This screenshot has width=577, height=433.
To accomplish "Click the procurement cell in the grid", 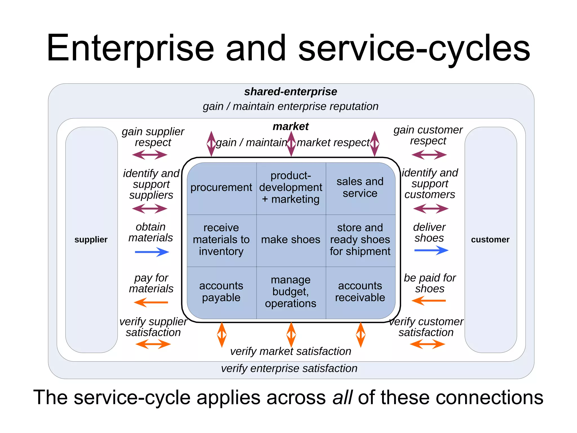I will [x=221, y=188].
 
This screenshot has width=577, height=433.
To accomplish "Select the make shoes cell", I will [x=290, y=240].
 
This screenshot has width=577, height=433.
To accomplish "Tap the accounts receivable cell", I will [x=360, y=292].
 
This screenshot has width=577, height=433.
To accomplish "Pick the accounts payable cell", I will [x=221, y=292].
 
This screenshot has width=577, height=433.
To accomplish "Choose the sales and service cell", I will [x=360, y=188].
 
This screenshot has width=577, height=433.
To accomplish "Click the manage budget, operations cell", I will [x=290, y=292].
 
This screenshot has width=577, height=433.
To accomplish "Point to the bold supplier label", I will [x=91, y=240].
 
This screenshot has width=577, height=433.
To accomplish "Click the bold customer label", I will [x=490, y=240].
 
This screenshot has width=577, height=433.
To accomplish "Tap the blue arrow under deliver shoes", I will [x=431, y=250].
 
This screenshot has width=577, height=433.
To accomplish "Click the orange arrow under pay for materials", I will [x=151, y=302].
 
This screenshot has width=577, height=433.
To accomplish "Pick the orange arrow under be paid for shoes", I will [x=429, y=301].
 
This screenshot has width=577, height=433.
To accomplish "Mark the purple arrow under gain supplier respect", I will [x=150, y=154].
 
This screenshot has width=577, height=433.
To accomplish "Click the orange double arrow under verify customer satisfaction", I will [x=427, y=344].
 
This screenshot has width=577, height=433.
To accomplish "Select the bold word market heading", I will [x=290, y=126].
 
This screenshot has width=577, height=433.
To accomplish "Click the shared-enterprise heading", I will [x=290, y=92].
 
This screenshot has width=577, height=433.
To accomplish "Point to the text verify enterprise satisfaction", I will [x=289, y=368].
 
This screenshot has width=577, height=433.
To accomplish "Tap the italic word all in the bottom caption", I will [x=342, y=397].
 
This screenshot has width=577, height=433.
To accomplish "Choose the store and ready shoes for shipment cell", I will [x=360, y=240].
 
